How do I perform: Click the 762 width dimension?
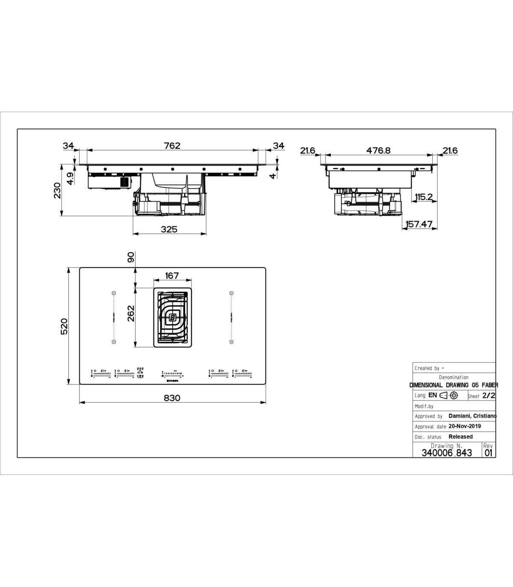pyautogui.click(x=172, y=145)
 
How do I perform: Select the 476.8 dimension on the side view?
pyautogui.click(x=378, y=150)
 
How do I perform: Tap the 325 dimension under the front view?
pyautogui.click(x=169, y=229)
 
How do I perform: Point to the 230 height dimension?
pyautogui.click(x=57, y=190)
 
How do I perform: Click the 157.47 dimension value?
pyautogui.click(x=419, y=224)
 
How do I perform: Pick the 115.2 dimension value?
pyautogui.click(x=424, y=197)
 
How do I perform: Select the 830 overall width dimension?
pyautogui.click(x=172, y=398)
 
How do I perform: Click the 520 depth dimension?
pyautogui.click(x=64, y=326)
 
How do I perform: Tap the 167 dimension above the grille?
pyautogui.click(x=172, y=276)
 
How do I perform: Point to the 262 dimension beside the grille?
pyautogui.click(x=131, y=313)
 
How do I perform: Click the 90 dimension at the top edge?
pyautogui.click(x=131, y=257)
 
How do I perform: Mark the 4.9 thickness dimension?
pyautogui.click(x=70, y=178)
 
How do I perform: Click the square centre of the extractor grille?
pyautogui.click(x=172, y=317)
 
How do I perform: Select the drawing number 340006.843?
pyautogui.click(x=447, y=453)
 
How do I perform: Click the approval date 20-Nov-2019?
pyautogui.click(x=465, y=426)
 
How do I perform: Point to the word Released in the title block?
pyautogui.click(x=460, y=437)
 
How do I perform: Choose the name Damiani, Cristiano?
pyautogui.click(x=472, y=416)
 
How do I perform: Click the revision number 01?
pyautogui.click(x=488, y=453)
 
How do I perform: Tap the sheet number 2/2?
pyautogui.click(x=489, y=396)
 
